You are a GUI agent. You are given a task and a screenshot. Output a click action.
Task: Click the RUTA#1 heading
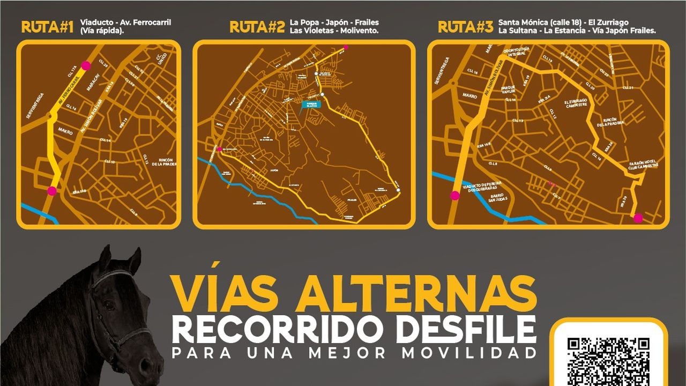[47, 27]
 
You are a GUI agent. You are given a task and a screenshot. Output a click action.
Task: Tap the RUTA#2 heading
[257, 27]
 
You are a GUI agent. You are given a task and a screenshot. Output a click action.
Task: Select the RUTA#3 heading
[465, 27]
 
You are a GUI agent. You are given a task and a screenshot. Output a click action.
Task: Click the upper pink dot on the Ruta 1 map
[86, 66]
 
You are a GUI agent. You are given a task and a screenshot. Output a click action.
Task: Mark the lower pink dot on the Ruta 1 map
[52, 190]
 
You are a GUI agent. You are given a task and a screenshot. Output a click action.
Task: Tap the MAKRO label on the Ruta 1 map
[65, 131]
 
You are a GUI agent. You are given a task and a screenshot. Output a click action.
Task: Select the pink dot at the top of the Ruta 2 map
[346, 48]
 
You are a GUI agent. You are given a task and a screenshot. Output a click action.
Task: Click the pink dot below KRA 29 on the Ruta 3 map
[638, 218]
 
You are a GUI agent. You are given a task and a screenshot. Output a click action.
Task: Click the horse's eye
[109, 305]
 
